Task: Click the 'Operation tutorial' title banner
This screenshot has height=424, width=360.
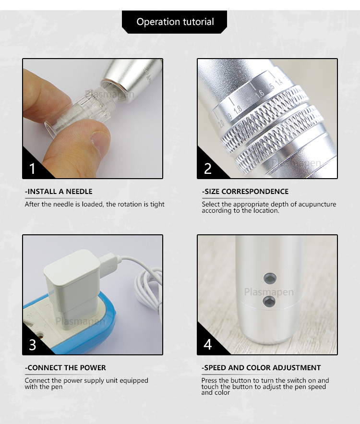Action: click(x=175, y=22)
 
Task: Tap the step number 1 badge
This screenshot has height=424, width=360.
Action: click(x=33, y=169)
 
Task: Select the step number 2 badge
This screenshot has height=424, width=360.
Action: click(x=208, y=169)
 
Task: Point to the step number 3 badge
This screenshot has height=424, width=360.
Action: click(x=33, y=344)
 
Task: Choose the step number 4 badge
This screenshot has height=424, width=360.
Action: click(x=208, y=344)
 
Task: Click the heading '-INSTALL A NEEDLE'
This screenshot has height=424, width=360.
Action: click(x=59, y=192)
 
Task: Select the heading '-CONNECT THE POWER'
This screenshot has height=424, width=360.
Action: click(x=65, y=368)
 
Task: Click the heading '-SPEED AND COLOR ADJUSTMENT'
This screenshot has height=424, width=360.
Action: click(x=261, y=368)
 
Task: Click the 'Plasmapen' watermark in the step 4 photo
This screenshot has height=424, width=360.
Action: click(x=268, y=292)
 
